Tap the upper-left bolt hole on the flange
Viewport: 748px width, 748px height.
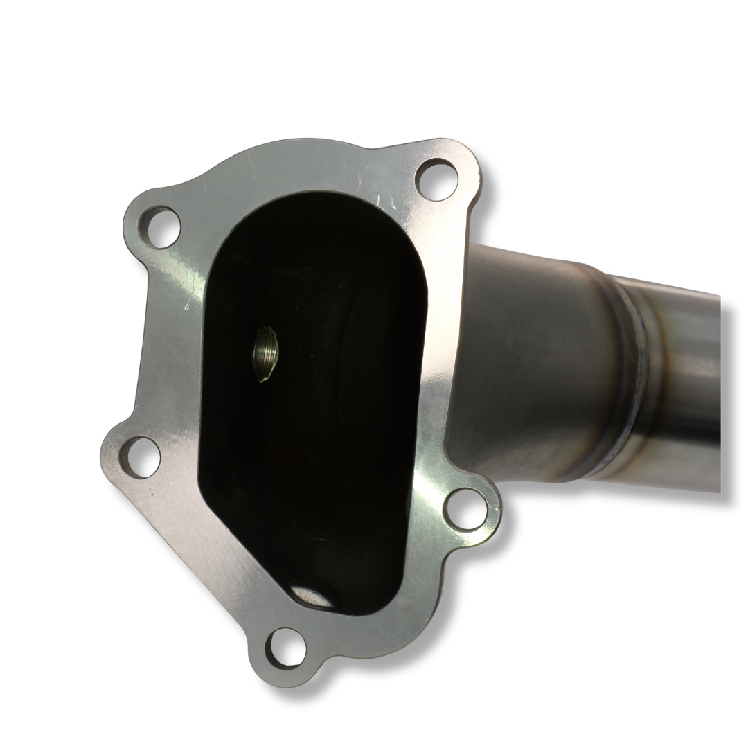[159, 226]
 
